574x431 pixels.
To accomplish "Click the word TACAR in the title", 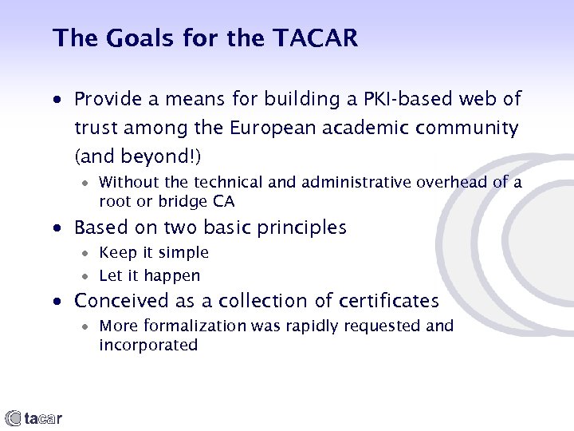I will click(316, 38).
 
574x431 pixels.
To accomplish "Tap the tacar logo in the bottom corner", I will click(34, 417).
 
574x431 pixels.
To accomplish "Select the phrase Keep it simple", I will click(154, 253).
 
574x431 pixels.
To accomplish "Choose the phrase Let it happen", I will click(149, 276).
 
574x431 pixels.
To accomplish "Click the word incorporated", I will click(147, 345).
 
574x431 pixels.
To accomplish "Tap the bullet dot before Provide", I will click(58, 101).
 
